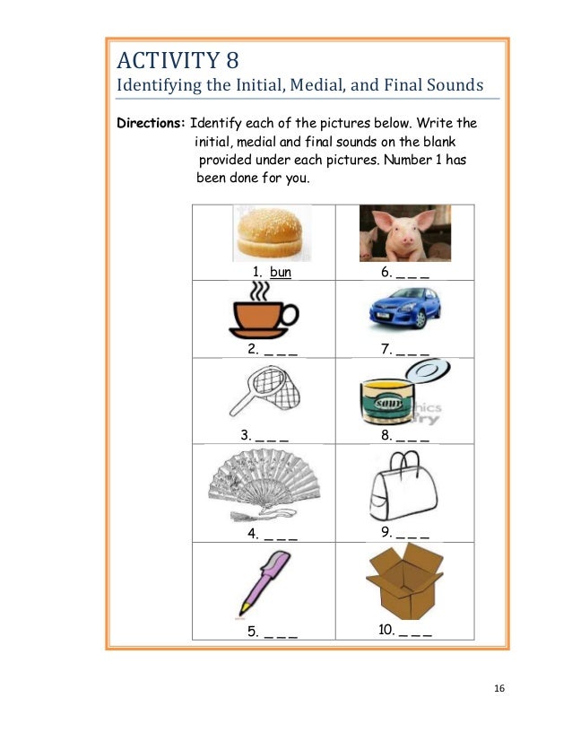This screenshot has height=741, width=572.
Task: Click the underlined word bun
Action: click(281, 271)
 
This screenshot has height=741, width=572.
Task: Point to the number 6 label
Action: click(386, 271)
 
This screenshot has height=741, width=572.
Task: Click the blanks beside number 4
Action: click(280, 535)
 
